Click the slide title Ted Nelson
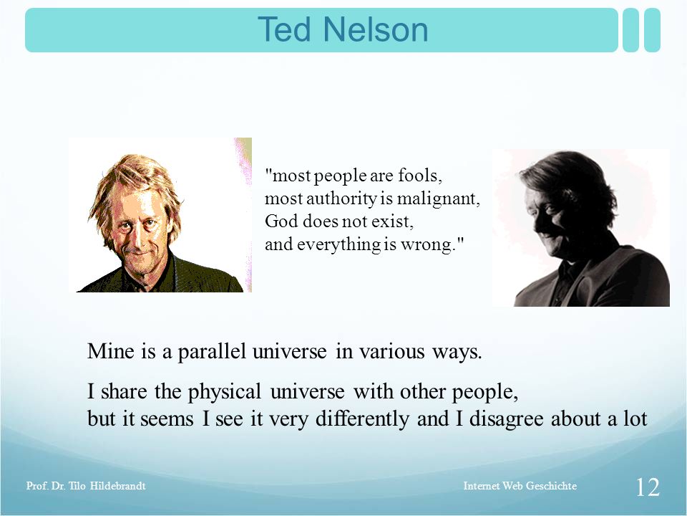(x=343, y=30)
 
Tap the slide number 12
(x=648, y=487)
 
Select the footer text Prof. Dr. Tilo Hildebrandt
(x=86, y=486)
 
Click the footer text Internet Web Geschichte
(x=520, y=486)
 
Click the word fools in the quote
(x=420, y=176)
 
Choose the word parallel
(x=212, y=352)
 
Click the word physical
(x=225, y=392)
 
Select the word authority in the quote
(x=341, y=199)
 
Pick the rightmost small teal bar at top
(x=652, y=30)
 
